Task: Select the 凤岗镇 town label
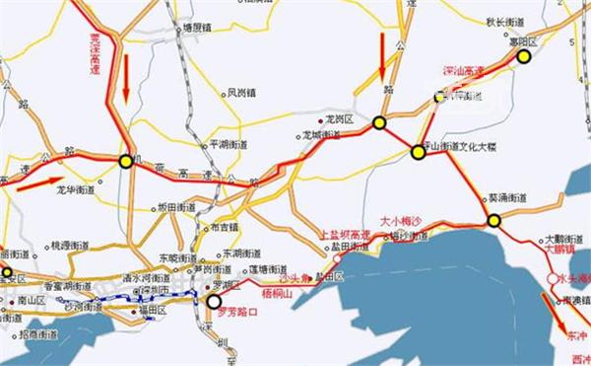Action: (241, 94)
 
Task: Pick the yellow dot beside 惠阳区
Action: (524, 57)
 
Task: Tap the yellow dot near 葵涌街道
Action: (493, 220)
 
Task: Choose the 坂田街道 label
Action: (177, 207)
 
